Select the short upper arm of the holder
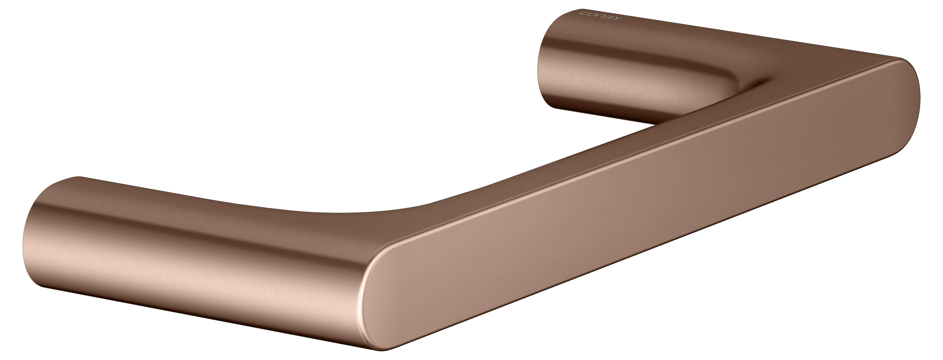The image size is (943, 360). tap(622, 66)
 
